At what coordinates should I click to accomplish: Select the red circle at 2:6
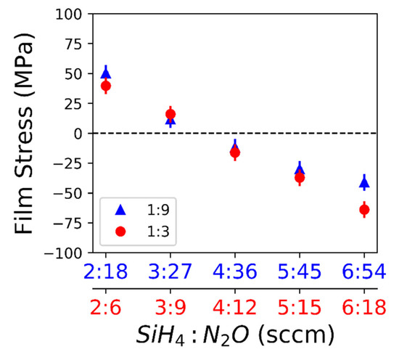point(106,86)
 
